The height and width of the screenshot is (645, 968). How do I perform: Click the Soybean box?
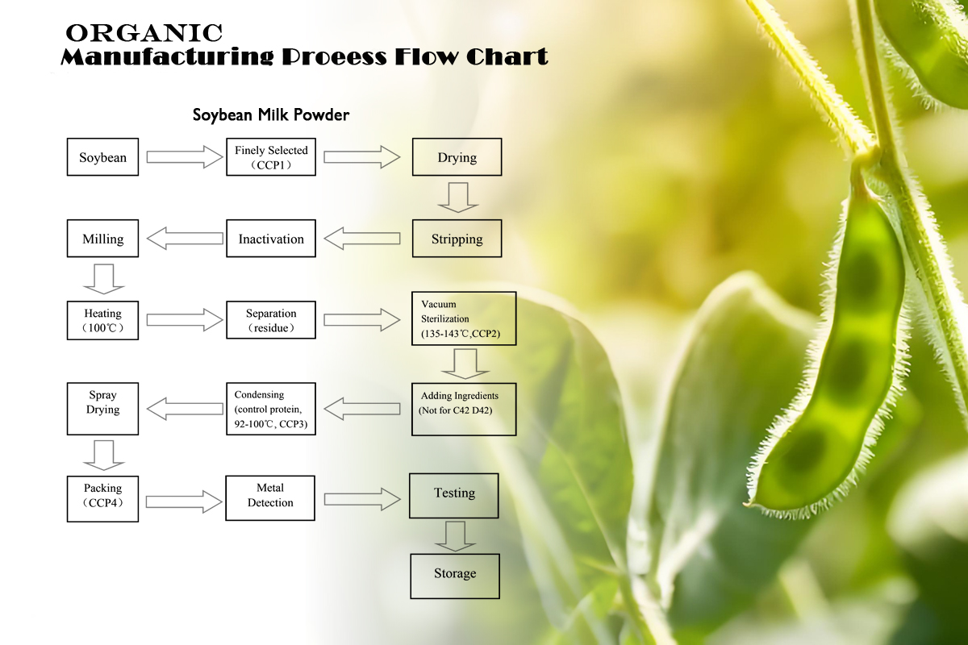coord(103,157)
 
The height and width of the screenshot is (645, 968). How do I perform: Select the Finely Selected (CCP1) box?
coord(271,157)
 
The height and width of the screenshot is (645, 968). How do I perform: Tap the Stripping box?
coord(457,239)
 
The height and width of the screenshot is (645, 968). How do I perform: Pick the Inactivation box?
coord(271,239)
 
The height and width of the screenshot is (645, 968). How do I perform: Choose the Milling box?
coord(103,239)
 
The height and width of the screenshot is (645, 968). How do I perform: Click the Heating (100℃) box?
coord(103,321)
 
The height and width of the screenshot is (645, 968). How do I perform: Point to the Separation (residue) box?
coord(271,320)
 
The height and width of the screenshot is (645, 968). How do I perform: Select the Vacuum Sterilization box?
coord(464,318)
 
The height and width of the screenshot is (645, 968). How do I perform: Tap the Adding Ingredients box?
coord(464,409)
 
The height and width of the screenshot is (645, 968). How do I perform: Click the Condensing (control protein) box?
coord(271,409)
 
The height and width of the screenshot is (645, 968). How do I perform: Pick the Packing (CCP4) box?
coord(103,499)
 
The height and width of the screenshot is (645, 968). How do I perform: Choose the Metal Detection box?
coord(270,498)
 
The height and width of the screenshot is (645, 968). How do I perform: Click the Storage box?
coord(455,576)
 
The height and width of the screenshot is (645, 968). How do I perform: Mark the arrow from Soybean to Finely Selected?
coord(184,157)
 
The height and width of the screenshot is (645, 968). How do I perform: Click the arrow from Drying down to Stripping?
coord(457,198)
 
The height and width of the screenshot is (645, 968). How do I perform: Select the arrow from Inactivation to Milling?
coord(185,239)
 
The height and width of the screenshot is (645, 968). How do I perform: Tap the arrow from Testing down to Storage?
coord(455,537)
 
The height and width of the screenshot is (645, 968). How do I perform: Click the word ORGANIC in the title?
coord(144,33)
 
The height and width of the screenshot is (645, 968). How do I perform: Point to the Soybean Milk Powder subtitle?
coord(271,115)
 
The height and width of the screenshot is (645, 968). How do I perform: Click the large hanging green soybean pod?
coord(830,354)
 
